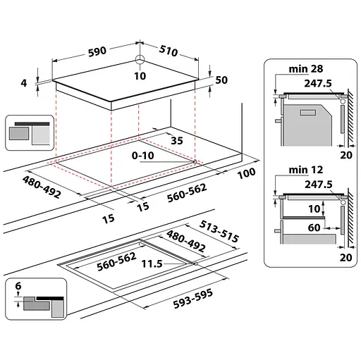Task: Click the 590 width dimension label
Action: coord(97,51)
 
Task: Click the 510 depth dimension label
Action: coord(169,51)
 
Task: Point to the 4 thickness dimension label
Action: coord(24,83)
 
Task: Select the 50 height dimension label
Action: coord(221,80)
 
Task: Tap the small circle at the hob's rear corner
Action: coord(140,59)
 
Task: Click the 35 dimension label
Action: coord(177,141)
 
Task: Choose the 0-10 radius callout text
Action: coord(143,156)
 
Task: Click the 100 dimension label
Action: coord(246,173)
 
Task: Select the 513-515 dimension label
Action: coord(219,231)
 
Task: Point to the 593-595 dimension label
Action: coord(193,298)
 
